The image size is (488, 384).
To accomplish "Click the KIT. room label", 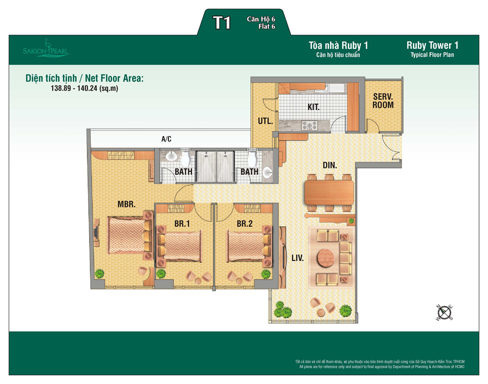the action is pyautogui.click(x=313, y=107).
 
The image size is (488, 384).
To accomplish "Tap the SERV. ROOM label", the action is pyautogui.click(x=383, y=101).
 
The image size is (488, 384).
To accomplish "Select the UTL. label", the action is pyautogui.click(x=265, y=121).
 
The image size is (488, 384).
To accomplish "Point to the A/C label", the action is pyautogui.click(x=166, y=139).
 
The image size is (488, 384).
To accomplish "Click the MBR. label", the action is pyautogui.click(x=126, y=205).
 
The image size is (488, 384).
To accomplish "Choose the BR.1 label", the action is pyautogui.click(x=182, y=223).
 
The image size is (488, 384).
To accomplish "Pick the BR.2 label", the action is pyautogui.click(x=244, y=223).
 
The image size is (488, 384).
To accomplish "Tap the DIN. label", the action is pyautogui.click(x=330, y=165).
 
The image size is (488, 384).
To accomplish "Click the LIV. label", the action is pyautogui.click(x=298, y=258).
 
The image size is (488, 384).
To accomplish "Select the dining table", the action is pyautogui.click(x=329, y=192).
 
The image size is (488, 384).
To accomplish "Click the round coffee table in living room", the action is pyautogui.click(x=326, y=257).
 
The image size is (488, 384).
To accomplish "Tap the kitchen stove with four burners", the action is pyautogui.click(x=309, y=126).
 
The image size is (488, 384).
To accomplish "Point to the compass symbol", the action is pyautogui.click(x=445, y=313).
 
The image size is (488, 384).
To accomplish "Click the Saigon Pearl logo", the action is pyautogui.click(x=46, y=49).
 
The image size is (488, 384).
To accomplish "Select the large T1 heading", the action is pyautogui.click(x=222, y=23).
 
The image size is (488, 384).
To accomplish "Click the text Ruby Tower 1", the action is pyautogui.click(x=432, y=45).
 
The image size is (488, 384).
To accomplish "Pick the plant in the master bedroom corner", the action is pyautogui.click(x=100, y=274).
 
